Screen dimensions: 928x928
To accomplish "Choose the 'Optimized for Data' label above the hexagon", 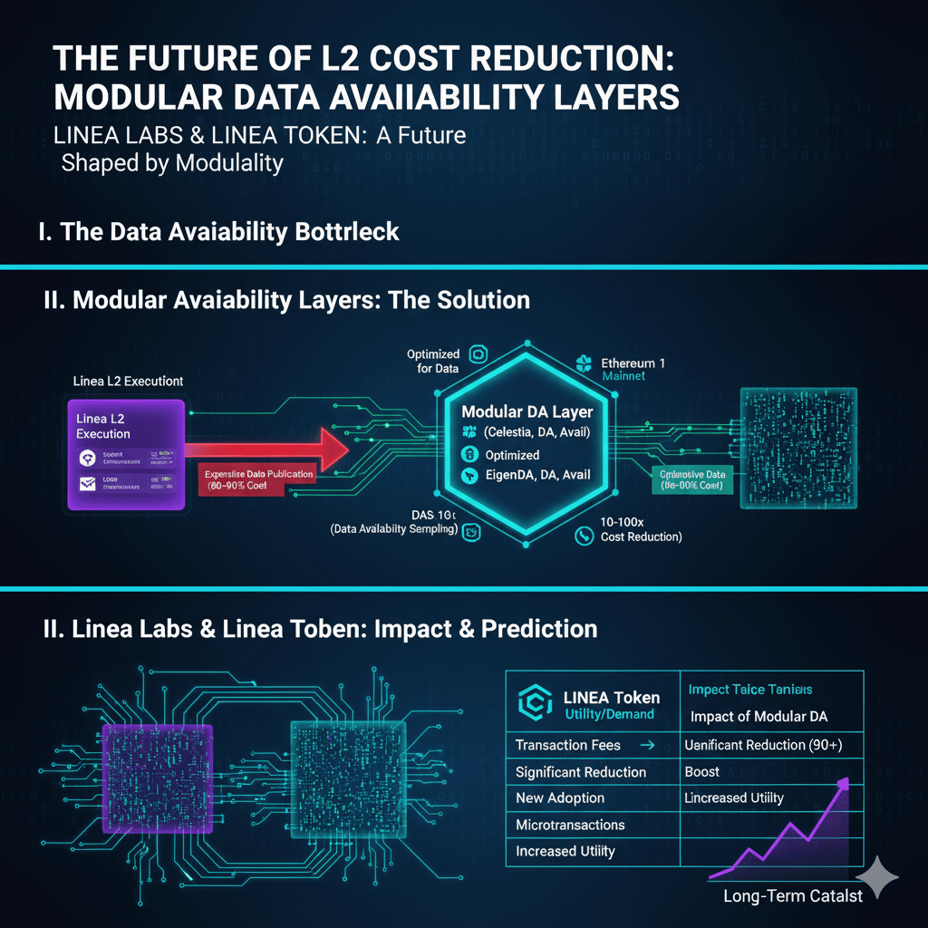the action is (433, 361).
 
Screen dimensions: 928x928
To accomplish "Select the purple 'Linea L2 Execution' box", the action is (126, 454).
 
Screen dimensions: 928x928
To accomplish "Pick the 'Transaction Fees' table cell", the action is (568, 745).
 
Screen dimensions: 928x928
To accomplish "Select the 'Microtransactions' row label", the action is (570, 825).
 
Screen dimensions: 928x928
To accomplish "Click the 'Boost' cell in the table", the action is (702, 772).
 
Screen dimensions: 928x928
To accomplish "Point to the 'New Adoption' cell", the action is (560, 798).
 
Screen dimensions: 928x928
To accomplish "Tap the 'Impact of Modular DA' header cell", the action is (759, 717).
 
